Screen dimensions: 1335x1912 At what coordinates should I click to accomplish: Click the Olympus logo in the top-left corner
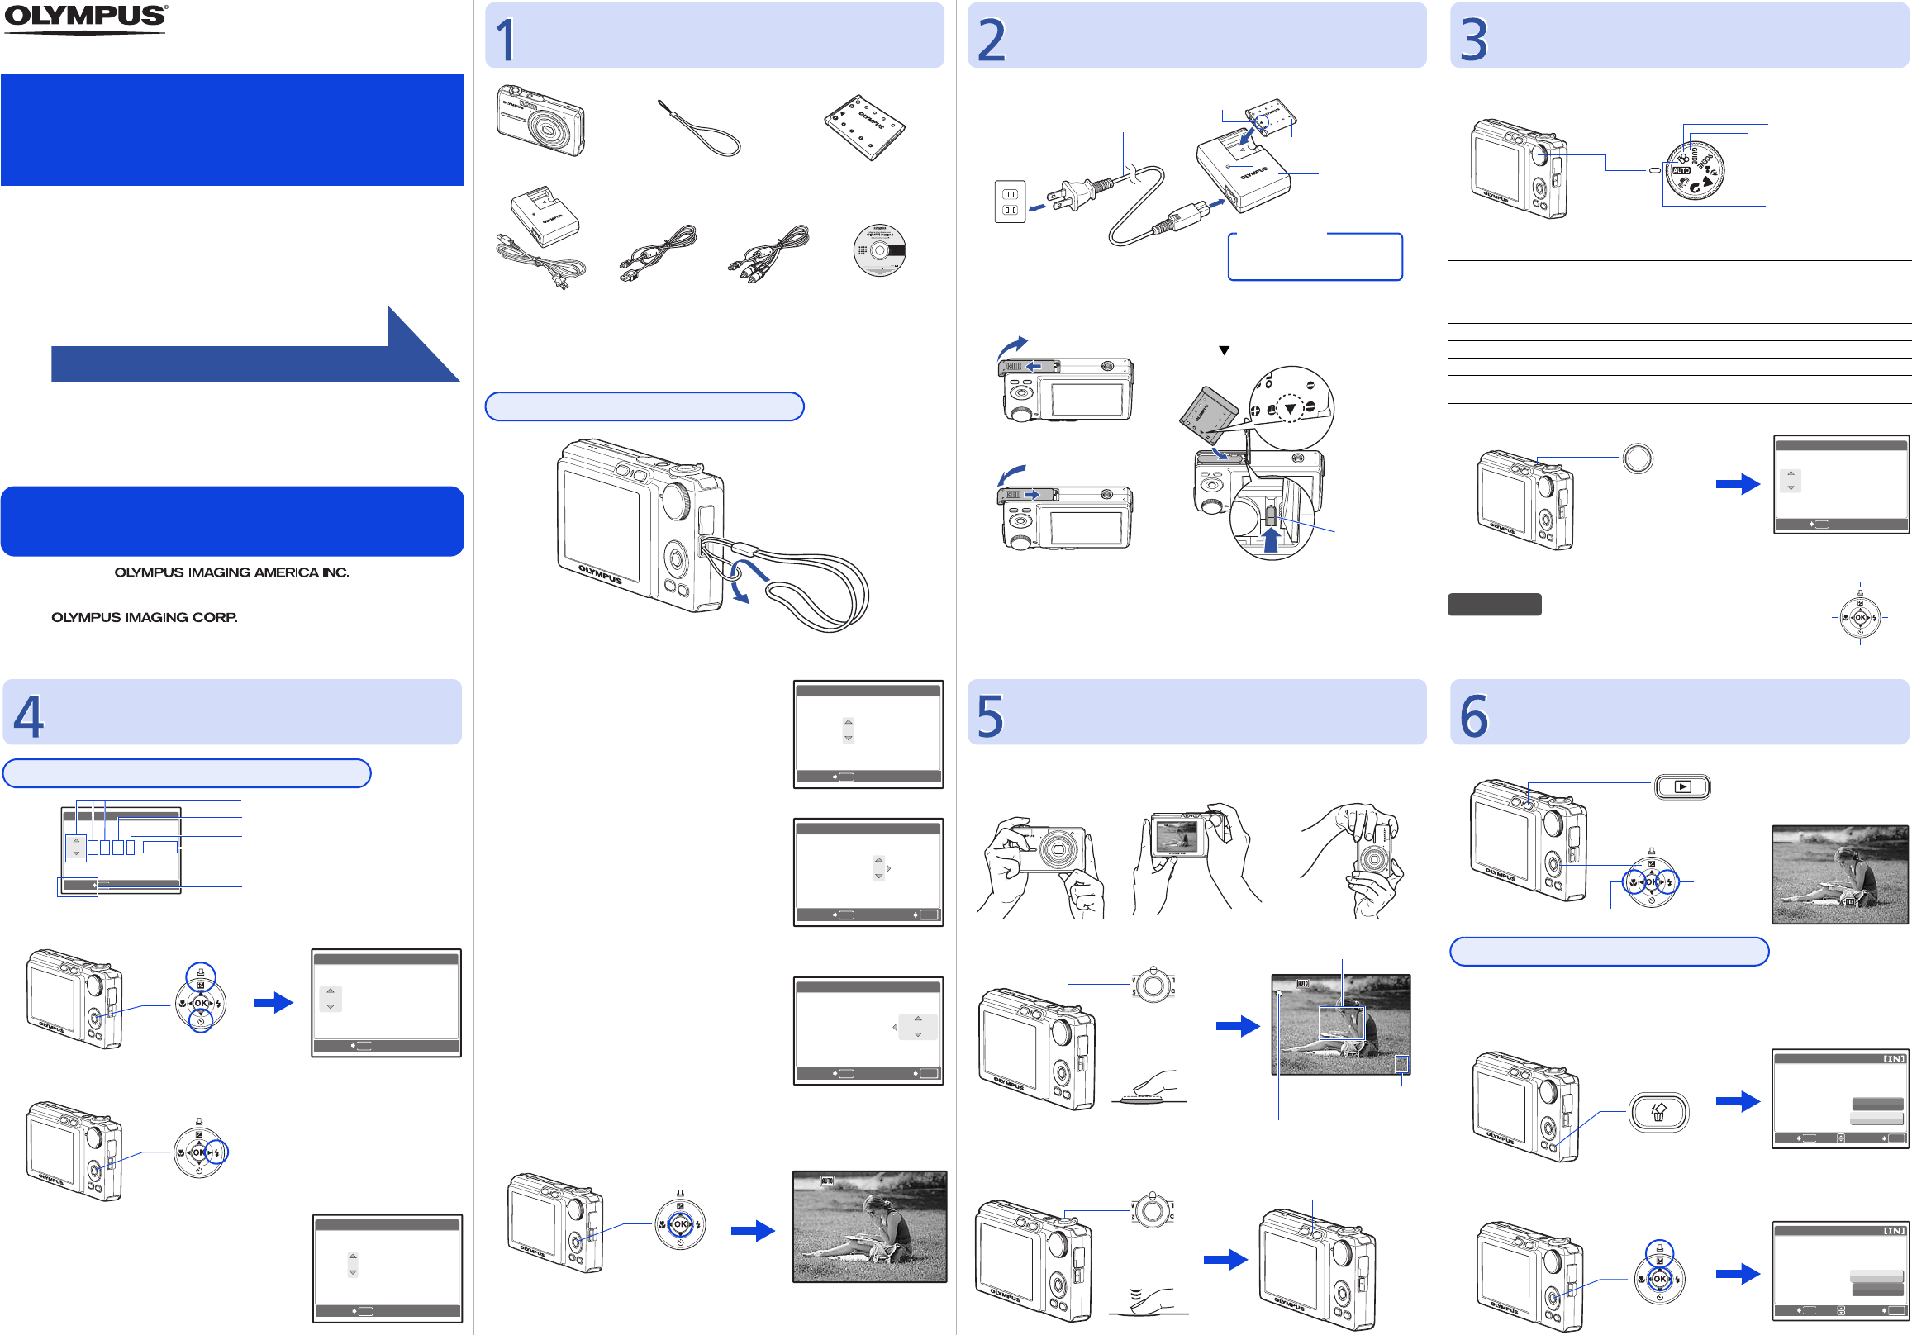point(85,18)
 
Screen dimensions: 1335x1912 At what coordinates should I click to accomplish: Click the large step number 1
point(506,40)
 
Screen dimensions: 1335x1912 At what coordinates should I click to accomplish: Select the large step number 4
point(29,716)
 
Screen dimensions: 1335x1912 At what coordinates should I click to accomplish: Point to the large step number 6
point(1473,716)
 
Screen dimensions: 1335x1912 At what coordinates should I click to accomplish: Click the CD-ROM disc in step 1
point(879,249)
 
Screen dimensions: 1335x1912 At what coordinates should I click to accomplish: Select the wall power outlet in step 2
point(1010,202)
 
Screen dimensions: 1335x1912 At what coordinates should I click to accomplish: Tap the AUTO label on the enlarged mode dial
point(1681,170)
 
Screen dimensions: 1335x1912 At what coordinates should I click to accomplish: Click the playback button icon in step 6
point(1682,787)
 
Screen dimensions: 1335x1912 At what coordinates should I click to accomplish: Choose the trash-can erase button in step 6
point(1658,1112)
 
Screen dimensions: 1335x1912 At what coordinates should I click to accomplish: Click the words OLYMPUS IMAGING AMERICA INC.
point(231,573)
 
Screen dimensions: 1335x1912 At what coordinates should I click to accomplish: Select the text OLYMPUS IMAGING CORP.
point(144,618)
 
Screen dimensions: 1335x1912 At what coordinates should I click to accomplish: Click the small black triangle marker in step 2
point(1225,350)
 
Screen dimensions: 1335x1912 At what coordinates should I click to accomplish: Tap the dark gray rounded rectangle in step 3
point(1494,605)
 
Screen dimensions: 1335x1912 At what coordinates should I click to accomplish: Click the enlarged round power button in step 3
point(1637,458)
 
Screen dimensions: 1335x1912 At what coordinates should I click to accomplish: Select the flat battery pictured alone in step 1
point(864,126)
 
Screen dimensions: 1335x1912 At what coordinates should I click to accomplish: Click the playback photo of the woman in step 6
point(1838,875)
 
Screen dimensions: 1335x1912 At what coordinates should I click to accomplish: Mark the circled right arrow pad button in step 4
point(216,1152)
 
